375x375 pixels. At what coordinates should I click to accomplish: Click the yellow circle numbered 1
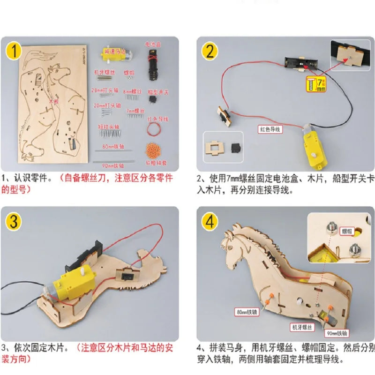click(16, 52)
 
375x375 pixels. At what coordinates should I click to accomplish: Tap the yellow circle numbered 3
click(16, 220)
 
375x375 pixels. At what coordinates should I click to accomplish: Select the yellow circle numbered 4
click(210, 220)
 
